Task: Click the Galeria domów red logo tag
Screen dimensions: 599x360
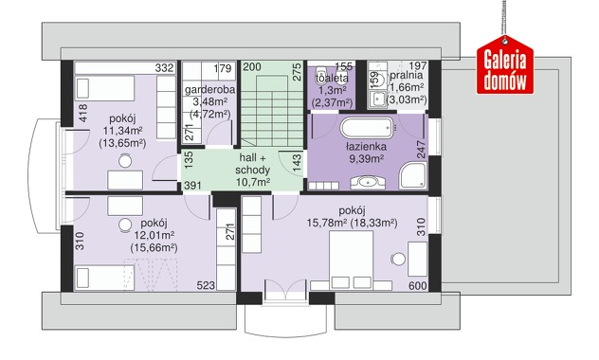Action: (x=505, y=64)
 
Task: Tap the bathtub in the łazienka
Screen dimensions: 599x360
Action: (x=367, y=128)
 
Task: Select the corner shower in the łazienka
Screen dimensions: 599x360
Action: (x=413, y=175)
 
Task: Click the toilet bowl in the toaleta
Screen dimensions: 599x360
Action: (x=320, y=74)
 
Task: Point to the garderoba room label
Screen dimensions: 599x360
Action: (x=209, y=90)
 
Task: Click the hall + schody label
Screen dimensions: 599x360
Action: (x=252, y=163)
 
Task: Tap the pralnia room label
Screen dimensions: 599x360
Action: (x=407, y=75)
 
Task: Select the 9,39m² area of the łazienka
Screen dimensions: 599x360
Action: (x=367, y=159)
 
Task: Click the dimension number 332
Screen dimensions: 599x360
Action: (x=165, y=68)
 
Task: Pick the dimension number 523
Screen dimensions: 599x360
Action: (x=206, y=285)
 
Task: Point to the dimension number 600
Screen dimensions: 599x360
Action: (x=418, y=285)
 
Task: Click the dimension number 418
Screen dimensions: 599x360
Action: (x=82, y=113)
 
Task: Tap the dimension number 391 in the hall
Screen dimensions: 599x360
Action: (x=193, y=186)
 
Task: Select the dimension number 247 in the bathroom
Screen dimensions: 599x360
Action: (x=421, y=150)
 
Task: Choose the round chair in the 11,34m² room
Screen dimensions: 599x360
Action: (x=125, y=161)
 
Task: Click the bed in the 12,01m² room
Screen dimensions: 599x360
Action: (x=105, y=278)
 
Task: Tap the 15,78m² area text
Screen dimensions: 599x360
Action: (x=326, y=223)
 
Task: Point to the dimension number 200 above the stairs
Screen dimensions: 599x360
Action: (x=252, y=67)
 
